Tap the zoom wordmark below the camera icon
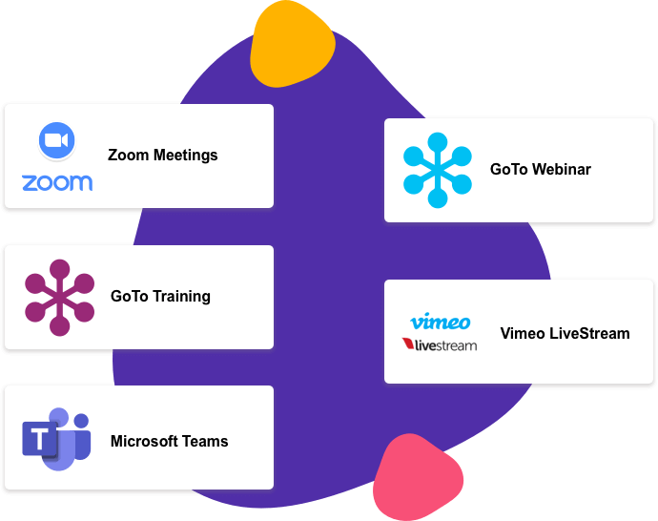point(56,182)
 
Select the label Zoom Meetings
point(162,156)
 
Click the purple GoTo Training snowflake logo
point(59,297)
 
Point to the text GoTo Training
point(160,297)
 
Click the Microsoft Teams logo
point(56,438)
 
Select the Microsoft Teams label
point(169,441)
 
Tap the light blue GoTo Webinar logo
point(438,170)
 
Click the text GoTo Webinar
point(540,170)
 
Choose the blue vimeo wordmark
point(440,322)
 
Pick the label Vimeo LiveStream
point(565,334)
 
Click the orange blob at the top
point(293,48)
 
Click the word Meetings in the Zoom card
point(187,156)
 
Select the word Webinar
point(562,170)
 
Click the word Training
point(180,297)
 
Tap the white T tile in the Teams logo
point(41,441)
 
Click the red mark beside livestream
point(407,344)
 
